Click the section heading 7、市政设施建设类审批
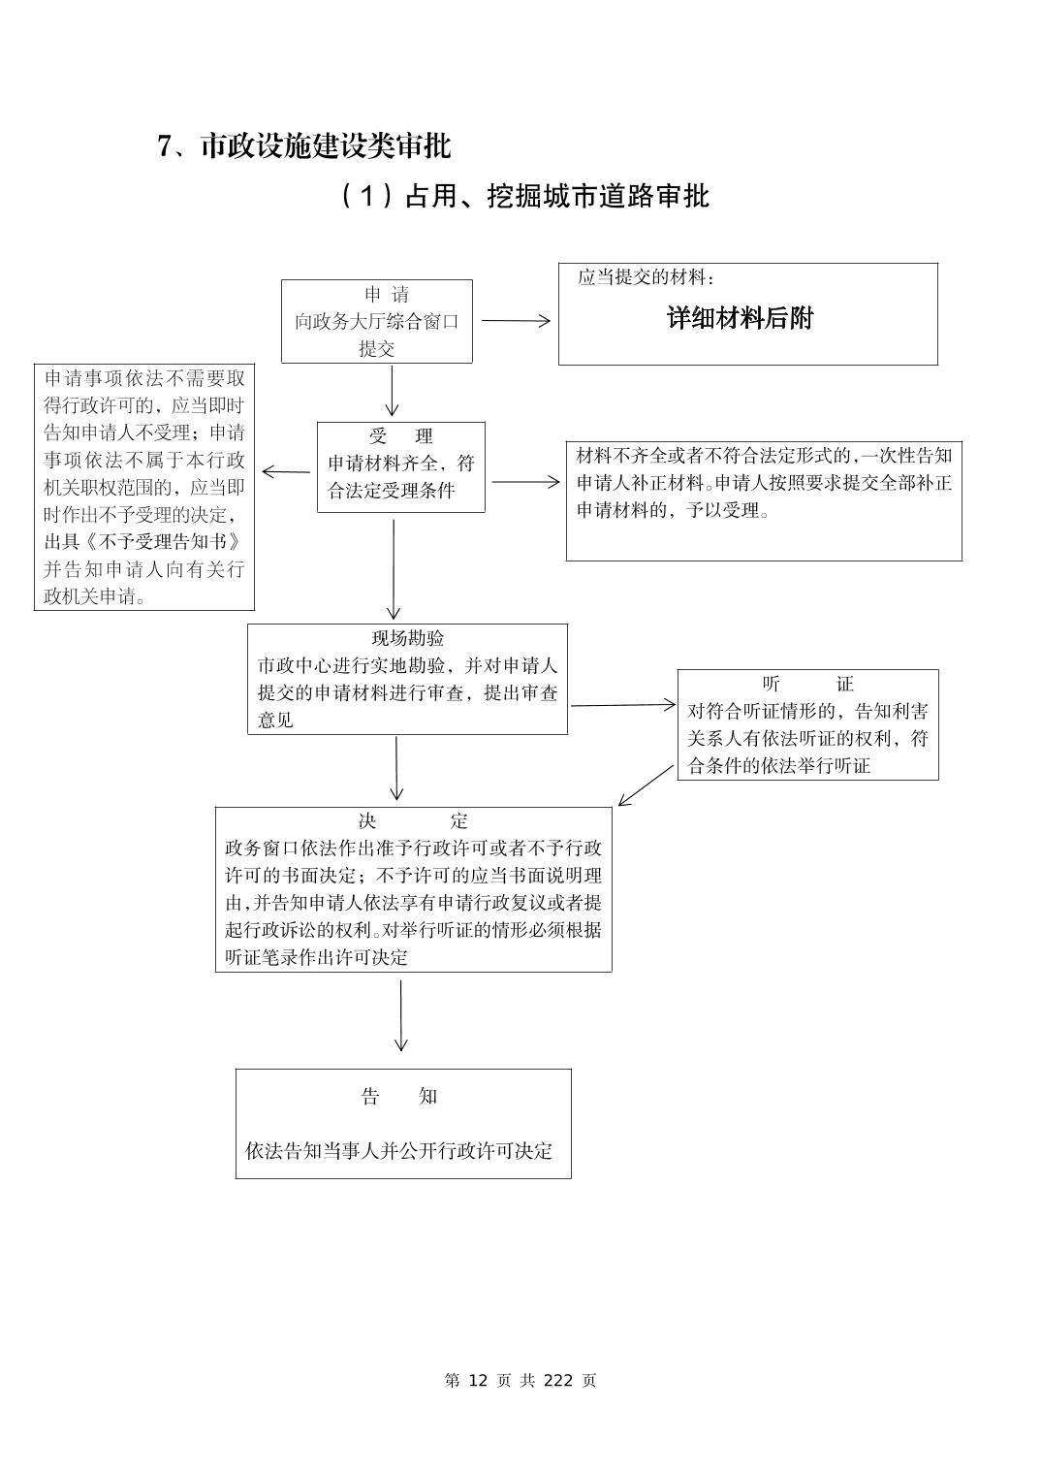click(x=303, y=146)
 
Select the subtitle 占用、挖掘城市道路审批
click(x=557, y=197)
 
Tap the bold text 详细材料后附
click(x=740, y=318)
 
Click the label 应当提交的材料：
click(x=647, y=278)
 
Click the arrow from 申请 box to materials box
click(x=516, y=321)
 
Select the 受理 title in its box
click(x=400, y=436)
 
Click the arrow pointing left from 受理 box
click(x=286, y=472)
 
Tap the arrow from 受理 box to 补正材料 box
click(x=525, y=482)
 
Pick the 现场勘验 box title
click(x=408, y=638)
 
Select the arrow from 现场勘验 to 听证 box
click(x=623, y=705)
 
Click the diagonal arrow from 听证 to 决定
click(x=646, y=785)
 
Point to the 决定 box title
click(x=412, y=821)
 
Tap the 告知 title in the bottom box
click(x=399, y=1097)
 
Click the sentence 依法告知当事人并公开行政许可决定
click(x=398, y=1151)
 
